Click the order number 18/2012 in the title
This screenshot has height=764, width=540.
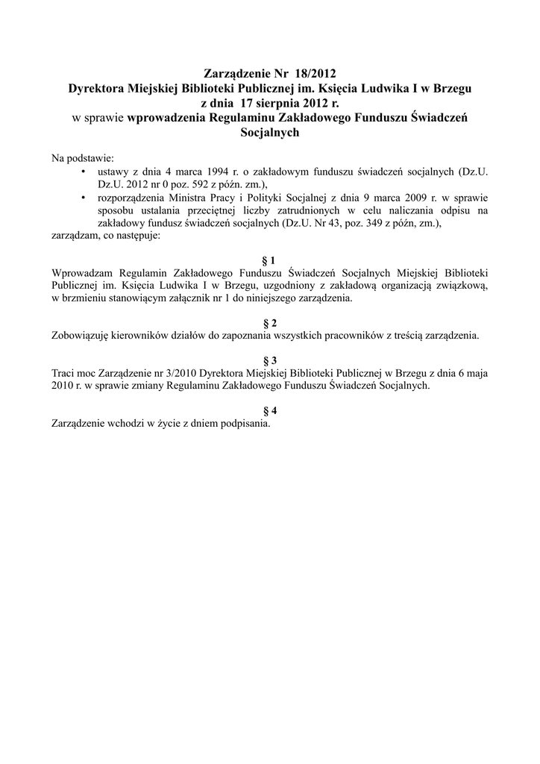tap(315, 73)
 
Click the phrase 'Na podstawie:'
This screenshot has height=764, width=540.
tap(81, 158)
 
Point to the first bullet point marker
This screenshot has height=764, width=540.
tap(81, 172)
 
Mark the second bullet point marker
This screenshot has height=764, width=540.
tap(81, 197)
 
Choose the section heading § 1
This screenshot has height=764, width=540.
tap(270, 260)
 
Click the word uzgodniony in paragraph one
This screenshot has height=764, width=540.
tap(290, 285)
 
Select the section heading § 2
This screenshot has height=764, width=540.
tap(270, 323)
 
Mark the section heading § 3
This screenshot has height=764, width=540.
tap(270, 360)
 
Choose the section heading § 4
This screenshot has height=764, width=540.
tap(270, 410)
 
